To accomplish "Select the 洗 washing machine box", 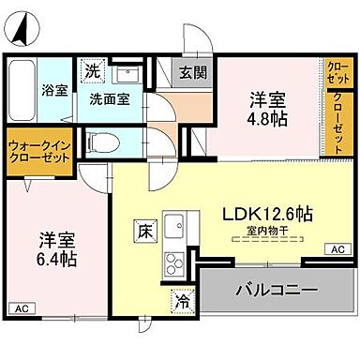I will (93, 70).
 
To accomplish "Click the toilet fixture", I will (106, 142).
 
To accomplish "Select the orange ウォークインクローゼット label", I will (39, 153).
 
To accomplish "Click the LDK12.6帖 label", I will (266, 214).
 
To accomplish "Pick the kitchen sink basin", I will (174, 226).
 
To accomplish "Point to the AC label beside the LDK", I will (335, 249).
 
